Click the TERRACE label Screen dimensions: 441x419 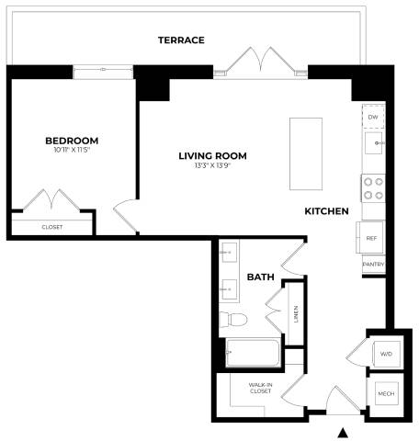pos(180,40)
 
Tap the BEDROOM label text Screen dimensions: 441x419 pos(72,141)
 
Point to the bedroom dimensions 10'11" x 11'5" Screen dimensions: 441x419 pos(72,151)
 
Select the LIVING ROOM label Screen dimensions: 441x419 pos(212,155)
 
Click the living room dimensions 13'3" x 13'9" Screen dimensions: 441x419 pos(212,165)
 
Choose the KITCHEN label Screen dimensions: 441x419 pos(326,211)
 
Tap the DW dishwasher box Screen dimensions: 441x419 pos(373,119)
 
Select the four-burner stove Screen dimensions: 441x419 pos(373,188)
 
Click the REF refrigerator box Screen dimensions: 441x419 pos(371,238)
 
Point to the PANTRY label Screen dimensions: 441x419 pos(373,265)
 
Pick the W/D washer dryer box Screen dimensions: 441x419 pos(383,354)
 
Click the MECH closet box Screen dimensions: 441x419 pos(383,393)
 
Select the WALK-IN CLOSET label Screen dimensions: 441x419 pos(261,389)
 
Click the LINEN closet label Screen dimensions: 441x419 pos(295,313)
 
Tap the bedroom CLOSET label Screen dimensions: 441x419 pos(52,226)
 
